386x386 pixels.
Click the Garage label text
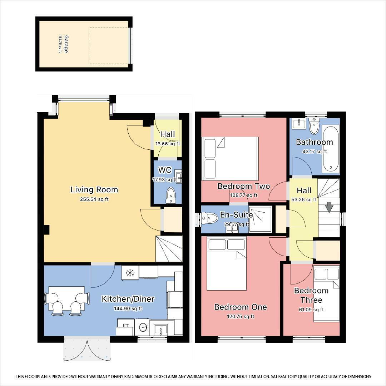coord(66,44)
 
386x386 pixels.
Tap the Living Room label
coord(94,190)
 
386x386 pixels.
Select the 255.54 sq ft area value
coord(94,199)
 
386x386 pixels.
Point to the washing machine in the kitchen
coord(142,327)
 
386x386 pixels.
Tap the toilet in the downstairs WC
coord(170,195)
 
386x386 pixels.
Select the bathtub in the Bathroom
coord(331,149)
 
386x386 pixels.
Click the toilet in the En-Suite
coord(209,218)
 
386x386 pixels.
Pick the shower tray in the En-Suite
coord(260,219)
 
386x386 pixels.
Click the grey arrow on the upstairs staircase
coord(329,207)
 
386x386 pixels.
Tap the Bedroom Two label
coord(244,186)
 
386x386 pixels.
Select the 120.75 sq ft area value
coord(241,317)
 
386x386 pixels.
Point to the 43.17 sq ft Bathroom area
coord(315,152)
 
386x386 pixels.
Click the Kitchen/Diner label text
coord(128,299)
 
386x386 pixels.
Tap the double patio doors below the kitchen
coord(87,348)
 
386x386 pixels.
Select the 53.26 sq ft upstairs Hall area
coord(304,200)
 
